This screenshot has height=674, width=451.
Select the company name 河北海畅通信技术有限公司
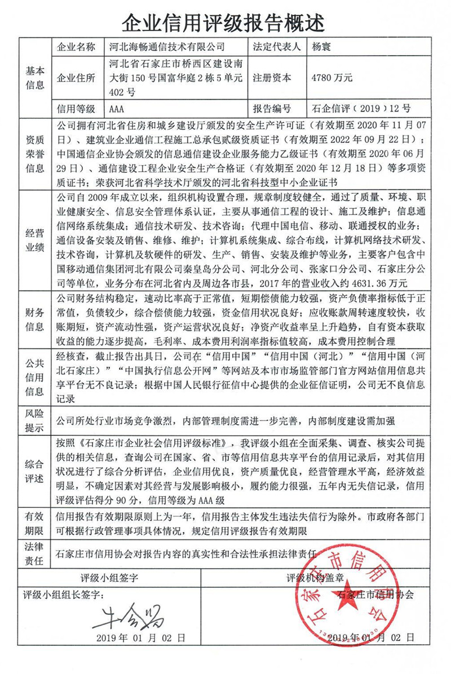click(166, 47)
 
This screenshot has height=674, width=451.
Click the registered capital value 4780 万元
click(332, 78)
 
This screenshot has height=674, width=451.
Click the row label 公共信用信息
click(34, 376)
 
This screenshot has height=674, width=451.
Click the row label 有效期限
click(34, 523)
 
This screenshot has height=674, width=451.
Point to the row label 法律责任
click(34, 554)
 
